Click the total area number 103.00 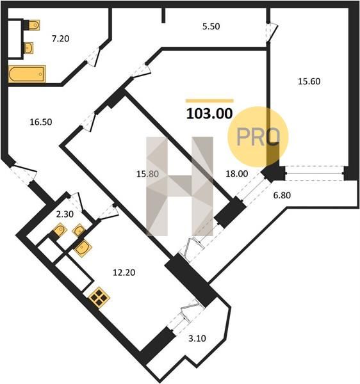pyautogui.click(x=209, y=114)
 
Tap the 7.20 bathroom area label pyautogui.click(x=60, y=38)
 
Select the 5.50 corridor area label pyautogui.click(x=211, y=26)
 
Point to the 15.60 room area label pyautogui.click(x=309, y=81)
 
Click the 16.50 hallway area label pyautogui.click(x=41, y=122)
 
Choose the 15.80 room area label pyautogui.click(x=147, y=174)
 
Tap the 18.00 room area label pyautogui.click(x=236, y=173)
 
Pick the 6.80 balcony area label pyautogui.click(x=282, y=195)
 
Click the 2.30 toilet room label pyautogui.click(x=65, y=214)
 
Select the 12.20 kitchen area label pyautogui.click(x=124, y=273)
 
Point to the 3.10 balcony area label pyautogui.click(x=197, y=339)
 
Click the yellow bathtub pyautogui.click(x=27, y=74)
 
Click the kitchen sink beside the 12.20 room pyautogui.click(x=83, y=248)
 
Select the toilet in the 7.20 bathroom pyautogui.click(x=35, y=25)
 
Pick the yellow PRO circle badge pyautogui.click(x=258, y=137)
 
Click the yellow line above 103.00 pyautogui.click(x=209, y=100)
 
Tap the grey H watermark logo pyautogui.click(x=179, y=186)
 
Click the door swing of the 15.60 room pyautogui.click(x=272, y=33)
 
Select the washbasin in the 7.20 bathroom pyautogui.click(x=29, y=48)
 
